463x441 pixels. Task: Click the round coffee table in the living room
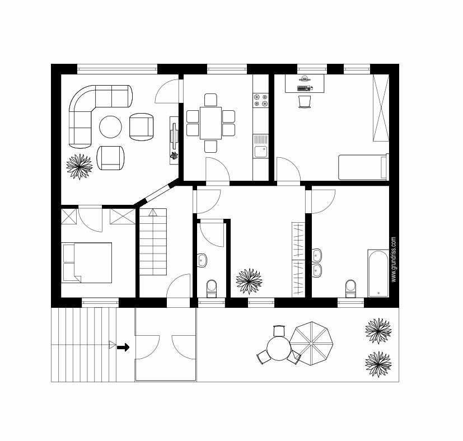(110, 126)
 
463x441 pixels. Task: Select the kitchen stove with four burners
(261, 100)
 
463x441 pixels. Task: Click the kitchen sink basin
(261, 152)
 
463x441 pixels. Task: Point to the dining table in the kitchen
(211, 123)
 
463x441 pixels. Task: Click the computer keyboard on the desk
(303, 88)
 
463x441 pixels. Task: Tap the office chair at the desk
(305, 101)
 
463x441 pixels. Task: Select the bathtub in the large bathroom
(378, 274)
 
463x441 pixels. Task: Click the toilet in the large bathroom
(350, 289)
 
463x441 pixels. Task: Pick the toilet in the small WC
(212, 289)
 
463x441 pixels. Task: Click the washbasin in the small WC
(202, 260)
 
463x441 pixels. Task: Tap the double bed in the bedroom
(87, 262)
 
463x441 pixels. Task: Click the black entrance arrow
(123, 347)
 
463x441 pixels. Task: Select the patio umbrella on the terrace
(311, 344)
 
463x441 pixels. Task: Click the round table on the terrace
(279, 349)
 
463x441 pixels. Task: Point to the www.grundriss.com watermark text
(394, 260)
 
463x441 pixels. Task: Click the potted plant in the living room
(79, 166)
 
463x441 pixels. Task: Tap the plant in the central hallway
(249, 281)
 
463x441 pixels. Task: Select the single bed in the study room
(363, 167)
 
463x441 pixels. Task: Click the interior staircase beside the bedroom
(153, 242)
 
